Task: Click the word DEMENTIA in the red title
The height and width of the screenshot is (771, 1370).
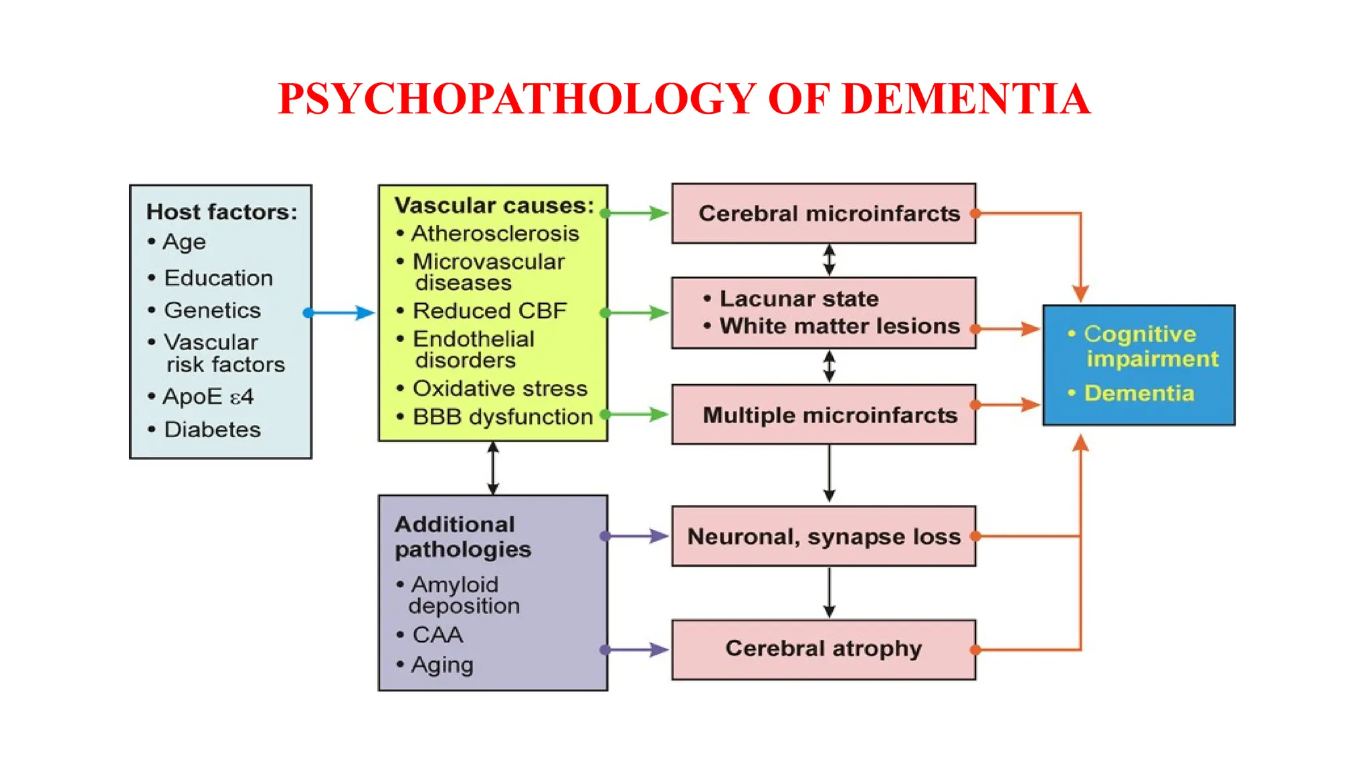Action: pos(965,99)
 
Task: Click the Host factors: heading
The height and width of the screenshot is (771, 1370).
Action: pos(221,212)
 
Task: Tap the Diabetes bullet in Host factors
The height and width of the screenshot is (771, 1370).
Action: pos(212,429)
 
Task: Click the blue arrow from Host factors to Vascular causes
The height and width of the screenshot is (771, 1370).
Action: pos(340,313)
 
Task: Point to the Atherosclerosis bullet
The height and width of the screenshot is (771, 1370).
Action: pos(494,234)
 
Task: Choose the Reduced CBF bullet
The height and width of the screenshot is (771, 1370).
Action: pos(489,311)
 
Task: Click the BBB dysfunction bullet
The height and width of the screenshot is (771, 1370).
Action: pos(502,416)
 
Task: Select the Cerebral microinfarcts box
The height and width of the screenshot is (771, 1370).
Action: pos(823,213)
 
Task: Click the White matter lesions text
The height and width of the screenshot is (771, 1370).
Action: pos(839,326)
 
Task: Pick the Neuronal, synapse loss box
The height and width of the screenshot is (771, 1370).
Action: pos(823,536)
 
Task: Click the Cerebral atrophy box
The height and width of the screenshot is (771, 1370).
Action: pos(823,649)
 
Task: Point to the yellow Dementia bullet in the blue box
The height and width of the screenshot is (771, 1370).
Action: pos(1139,393)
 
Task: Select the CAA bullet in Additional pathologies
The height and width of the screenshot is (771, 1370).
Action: pos(437,634)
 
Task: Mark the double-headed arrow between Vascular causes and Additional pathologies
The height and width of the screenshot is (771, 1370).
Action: pos(493,468)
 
